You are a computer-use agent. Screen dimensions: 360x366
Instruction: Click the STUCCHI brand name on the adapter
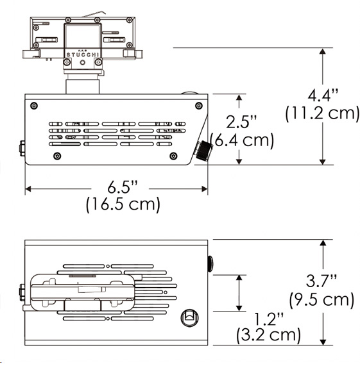tap(83, 54)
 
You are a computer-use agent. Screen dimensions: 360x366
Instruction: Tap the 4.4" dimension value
tap(323, 96)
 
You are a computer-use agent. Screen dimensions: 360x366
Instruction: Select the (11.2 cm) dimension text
tap(322, 113)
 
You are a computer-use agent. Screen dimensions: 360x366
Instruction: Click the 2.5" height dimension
tap(241, 122)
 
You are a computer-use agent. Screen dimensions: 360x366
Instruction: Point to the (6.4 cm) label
tap(242, 140)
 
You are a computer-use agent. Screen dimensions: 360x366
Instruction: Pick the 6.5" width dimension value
tap(123, 187)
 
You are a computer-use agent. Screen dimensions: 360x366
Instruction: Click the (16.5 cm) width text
tap(123, 204)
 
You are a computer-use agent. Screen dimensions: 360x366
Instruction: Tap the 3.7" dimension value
tap(321, 281)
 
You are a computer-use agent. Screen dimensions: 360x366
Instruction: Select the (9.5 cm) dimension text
tap(321, 300)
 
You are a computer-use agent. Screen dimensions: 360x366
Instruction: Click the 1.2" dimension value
tap(269, 319)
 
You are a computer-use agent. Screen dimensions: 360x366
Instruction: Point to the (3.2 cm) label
tap(269, 335)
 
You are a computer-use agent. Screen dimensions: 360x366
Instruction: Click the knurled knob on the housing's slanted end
tap(203, 151)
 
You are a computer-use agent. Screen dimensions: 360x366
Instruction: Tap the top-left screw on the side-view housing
tap(34, 106)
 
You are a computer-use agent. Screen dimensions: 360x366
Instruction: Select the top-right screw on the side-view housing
tap(198, 106)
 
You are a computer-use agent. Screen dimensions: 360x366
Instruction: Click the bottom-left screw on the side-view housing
tap(57, 156)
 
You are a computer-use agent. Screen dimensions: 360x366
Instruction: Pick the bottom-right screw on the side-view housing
tap(173, 156)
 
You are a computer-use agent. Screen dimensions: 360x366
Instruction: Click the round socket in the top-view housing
tap(190, 318)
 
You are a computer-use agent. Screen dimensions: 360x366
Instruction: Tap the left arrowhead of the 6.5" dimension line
tap(28, 189)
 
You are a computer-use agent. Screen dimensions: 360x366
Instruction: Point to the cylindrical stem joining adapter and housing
tap(83, 87)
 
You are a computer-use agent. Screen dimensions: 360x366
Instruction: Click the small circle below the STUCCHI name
tap(83, 63)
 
